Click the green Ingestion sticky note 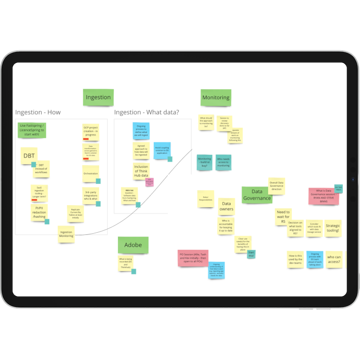point(98,97)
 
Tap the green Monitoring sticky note point(216,97)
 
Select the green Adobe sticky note point(133,245)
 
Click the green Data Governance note point(257,195)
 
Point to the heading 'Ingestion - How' point(38,112)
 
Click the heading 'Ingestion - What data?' point(146,112)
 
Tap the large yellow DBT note point(29,155)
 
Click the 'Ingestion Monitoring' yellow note point(66,234)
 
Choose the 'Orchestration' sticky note point(90,174)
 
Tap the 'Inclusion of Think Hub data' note point(141,171)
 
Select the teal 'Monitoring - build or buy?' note point(205,162)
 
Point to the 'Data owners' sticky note point(226,206)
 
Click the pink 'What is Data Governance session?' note point(323,196)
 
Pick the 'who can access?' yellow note point(334,259)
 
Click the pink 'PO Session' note point(193,258)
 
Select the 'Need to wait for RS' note point(283,216)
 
